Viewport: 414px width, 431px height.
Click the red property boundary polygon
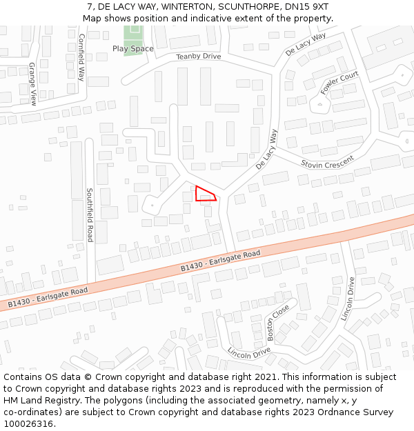[204, 194]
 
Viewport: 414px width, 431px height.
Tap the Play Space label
[133, 49]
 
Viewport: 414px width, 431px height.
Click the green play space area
[133, 35]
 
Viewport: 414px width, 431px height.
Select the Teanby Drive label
[198, 57]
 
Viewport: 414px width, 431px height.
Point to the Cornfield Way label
[81, 57]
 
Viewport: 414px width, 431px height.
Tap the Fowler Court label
[339, 83]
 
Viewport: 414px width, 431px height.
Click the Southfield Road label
[90, 214]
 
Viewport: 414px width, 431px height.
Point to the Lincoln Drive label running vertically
[348, 299]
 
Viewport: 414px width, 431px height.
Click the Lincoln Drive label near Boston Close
[249, 352]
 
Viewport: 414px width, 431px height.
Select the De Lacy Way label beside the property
[266, 149]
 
